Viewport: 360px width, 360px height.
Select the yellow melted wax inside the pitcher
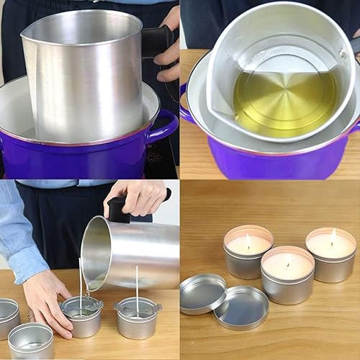click(x=284, y=101)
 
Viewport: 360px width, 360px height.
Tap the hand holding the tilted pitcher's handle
click(x=141, y=196)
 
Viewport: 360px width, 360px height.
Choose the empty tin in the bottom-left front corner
click(x=30, y=341)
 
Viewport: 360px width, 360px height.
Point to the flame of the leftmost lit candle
click(x=248, y=240)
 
